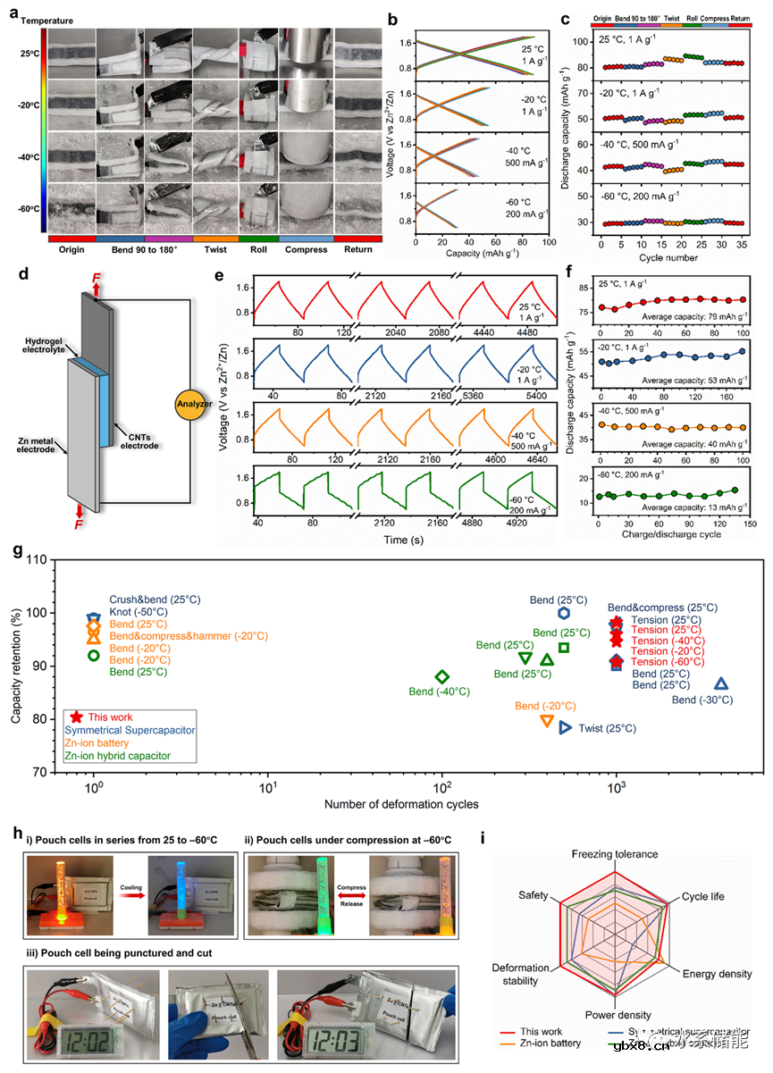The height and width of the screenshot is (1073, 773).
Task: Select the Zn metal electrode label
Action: [39, 445]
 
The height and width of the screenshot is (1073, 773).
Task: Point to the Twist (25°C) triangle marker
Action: [565, 728]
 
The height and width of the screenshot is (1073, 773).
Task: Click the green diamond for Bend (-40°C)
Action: [441, 677]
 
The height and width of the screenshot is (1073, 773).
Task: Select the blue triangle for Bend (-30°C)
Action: [720, 684]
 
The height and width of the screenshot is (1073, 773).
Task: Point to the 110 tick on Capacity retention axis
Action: [39, 559]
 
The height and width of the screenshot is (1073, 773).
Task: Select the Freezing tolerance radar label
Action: [615, 854]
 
